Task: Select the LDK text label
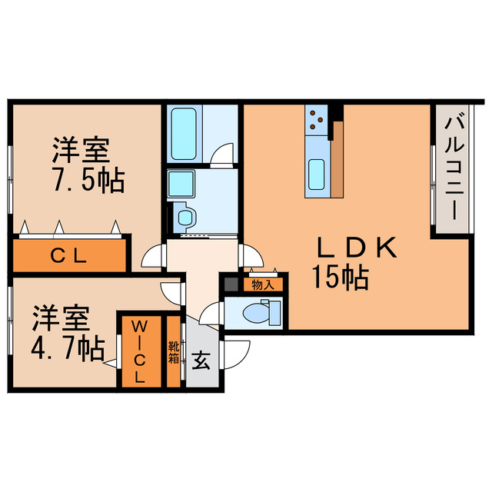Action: pyautogui.click(x=357, y=248)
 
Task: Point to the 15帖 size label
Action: pyautogui.click(x=339, y=276)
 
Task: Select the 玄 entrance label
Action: pyautogui.click(x=201, y=360)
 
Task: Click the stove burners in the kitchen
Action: pyautogui.click(x=317, y=119)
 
